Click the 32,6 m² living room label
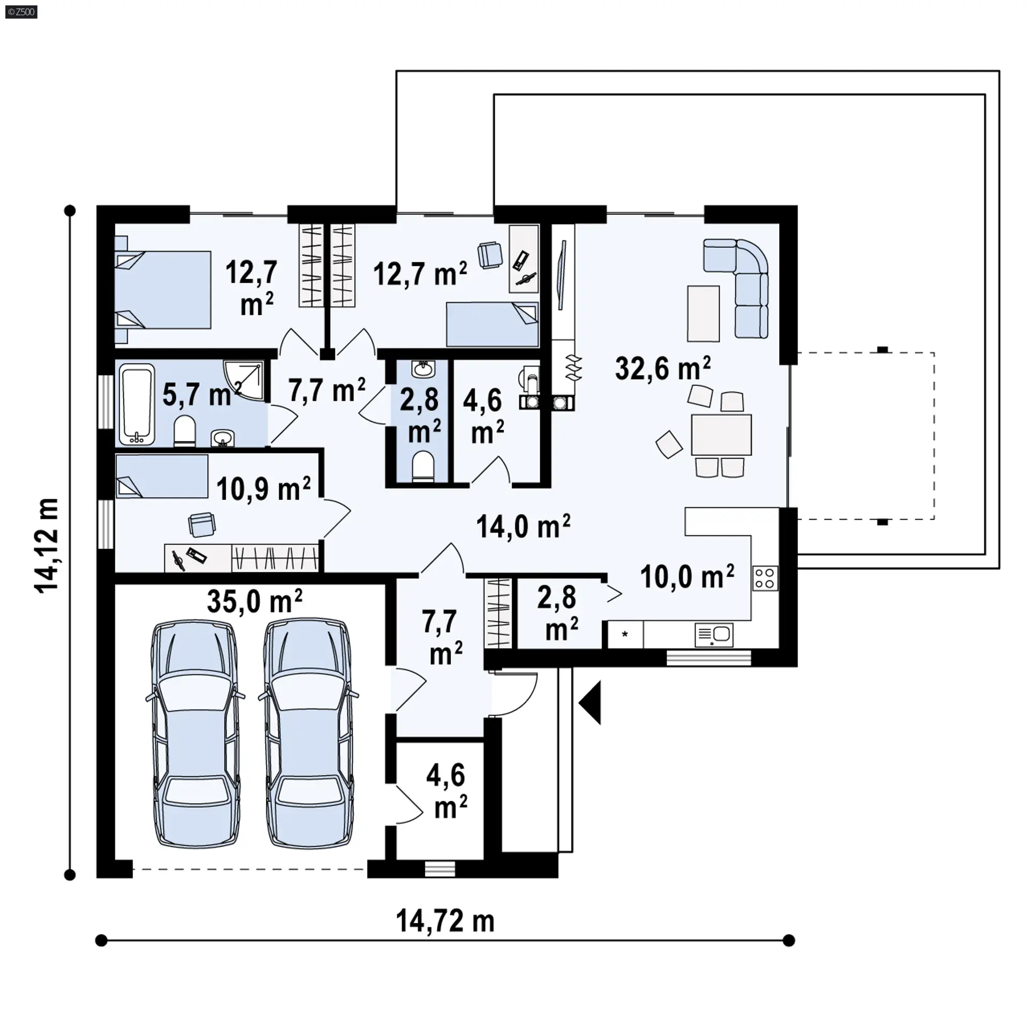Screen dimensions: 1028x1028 (663, 368)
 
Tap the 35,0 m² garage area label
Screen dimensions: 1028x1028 (254, 601)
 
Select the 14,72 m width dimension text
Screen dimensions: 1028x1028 (445, 921)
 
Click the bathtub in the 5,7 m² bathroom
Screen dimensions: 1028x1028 (137, 404)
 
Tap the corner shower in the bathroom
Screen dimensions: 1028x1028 (244, 381)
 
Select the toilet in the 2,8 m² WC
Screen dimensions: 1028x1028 (423, 465)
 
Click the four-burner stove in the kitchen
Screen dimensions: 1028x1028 (765, 578)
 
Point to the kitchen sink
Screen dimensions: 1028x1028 (714, 636)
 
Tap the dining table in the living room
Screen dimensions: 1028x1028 (721, 434)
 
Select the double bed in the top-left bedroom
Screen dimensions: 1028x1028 (163, 290)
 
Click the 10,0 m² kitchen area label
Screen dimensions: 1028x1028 (687, 577)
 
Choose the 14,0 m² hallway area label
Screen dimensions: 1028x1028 (523, 526)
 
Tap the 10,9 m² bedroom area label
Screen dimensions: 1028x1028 (263, 489)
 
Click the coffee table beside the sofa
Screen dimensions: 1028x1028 (704, 313)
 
